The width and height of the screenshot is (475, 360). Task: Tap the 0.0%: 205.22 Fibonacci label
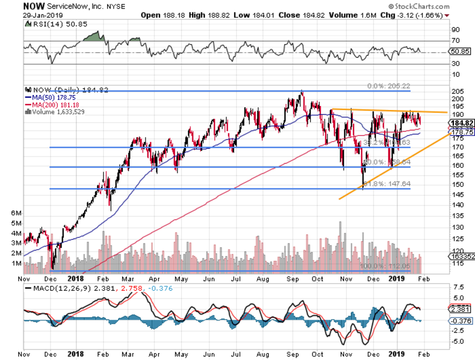coord(388,86)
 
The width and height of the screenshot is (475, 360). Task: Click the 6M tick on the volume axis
coord(16,213)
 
